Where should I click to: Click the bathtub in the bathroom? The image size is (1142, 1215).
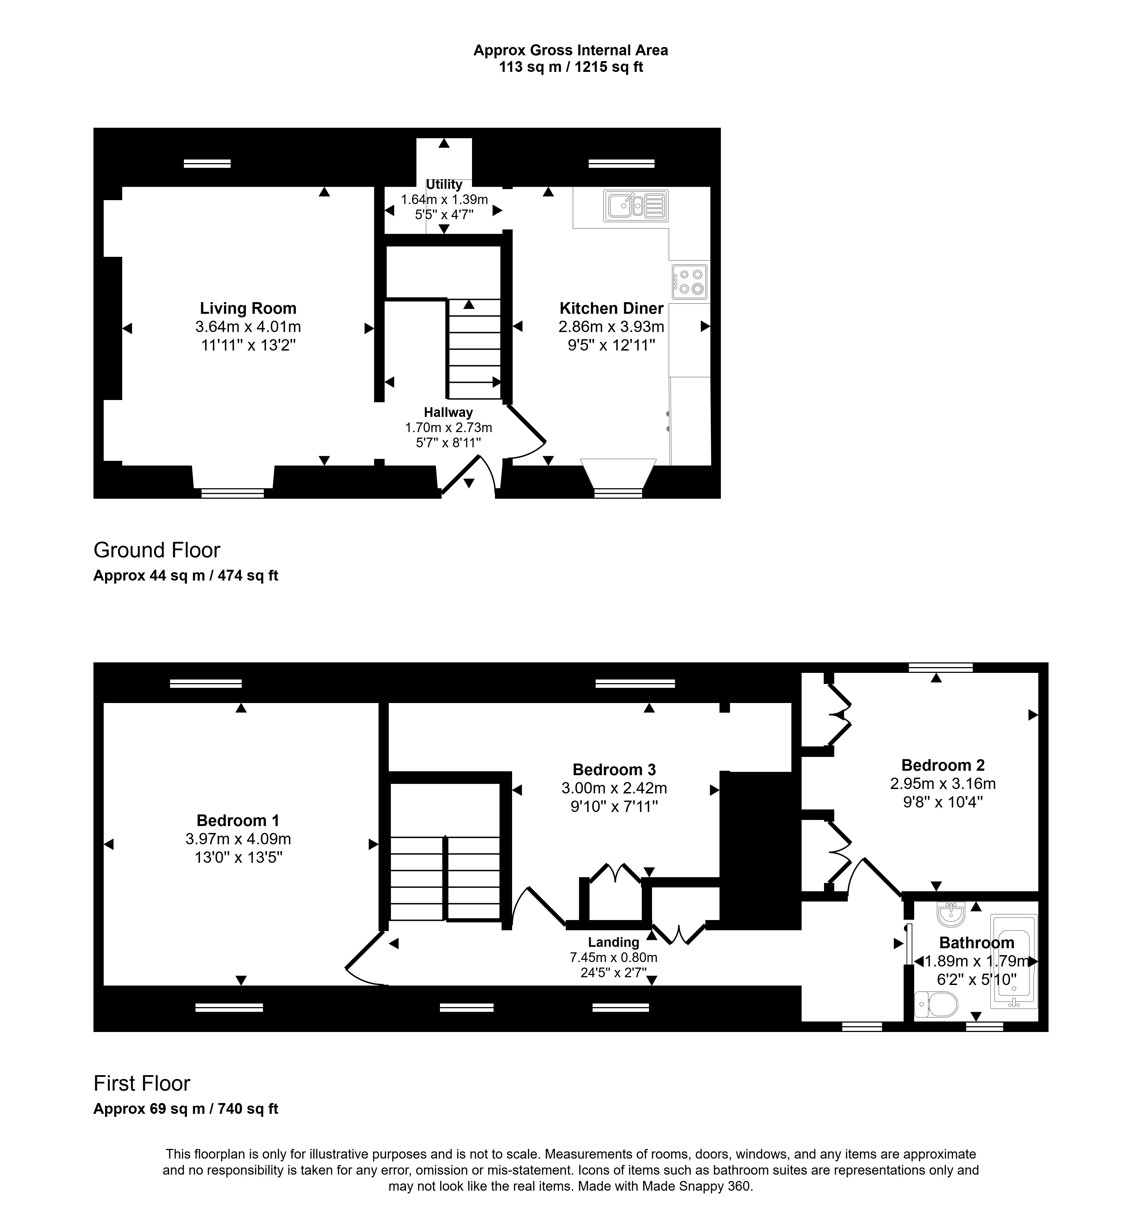(1014, 961)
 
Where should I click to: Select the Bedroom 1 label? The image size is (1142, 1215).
(238, 820)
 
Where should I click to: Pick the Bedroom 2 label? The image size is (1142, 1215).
(943, 765)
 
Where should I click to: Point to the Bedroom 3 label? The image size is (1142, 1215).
(614, 769)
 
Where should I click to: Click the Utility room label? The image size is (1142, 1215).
(444, 184)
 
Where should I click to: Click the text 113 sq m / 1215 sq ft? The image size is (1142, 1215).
(571, 67)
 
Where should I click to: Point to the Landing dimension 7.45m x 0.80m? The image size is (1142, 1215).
(613, 958)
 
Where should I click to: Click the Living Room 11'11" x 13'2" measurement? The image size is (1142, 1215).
(248, 345)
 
